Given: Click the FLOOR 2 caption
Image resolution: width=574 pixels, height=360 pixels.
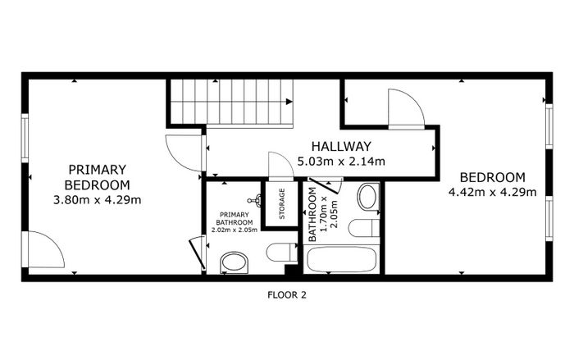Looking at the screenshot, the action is coord(287,295).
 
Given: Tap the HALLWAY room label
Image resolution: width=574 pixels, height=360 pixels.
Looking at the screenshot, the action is coord(341,147).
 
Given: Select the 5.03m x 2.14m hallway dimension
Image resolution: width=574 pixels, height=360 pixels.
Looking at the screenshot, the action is coord(341,162).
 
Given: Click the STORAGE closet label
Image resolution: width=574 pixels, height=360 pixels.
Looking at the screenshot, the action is coord(282,203).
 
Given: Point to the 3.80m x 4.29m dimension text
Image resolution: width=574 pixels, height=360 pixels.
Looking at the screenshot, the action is coord(98,200).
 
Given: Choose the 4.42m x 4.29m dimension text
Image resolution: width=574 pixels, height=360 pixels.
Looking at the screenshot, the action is coord(493,192).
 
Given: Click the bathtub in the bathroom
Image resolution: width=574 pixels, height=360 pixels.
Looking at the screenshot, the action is coord(342,260).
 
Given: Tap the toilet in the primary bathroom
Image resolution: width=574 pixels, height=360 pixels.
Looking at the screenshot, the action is coord(282,253).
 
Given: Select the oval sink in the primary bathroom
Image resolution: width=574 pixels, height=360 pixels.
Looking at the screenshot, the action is coord(235,263).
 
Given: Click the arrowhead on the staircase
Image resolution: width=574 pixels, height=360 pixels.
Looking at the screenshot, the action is coord(289,102).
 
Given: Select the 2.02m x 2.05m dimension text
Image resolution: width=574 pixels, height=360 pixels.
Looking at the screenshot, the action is coord(235,230).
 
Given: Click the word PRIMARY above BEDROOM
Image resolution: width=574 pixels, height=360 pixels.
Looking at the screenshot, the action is coord(98,170).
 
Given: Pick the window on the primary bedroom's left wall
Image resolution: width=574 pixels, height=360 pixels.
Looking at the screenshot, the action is coord(25,138).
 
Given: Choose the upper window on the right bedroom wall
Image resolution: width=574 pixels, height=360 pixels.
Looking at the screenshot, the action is coord(549,127).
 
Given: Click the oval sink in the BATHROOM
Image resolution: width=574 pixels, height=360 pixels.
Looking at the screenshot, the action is coord(368,197).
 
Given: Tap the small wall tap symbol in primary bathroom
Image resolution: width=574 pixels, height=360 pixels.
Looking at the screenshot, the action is coord(255,200).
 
